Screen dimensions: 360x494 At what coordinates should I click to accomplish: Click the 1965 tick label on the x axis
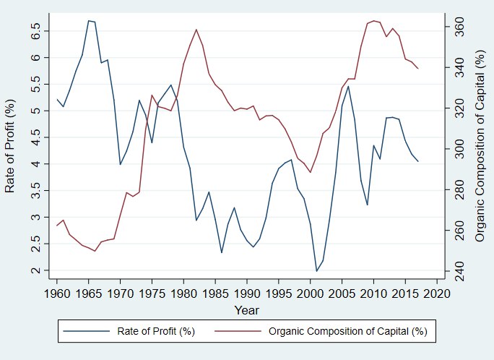coord(89,293)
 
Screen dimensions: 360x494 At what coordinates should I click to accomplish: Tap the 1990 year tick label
coord(247,293)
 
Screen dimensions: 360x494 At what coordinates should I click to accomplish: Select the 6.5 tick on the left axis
coord(37,30)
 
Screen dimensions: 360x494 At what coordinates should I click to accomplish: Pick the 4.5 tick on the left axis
coord(37,137)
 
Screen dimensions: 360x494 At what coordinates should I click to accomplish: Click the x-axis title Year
coord(246,309)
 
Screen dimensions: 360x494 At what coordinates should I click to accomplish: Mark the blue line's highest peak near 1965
coord(89,20)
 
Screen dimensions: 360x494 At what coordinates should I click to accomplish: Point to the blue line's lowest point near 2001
coord(316,271)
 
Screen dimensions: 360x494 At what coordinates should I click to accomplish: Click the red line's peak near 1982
coord(196,30)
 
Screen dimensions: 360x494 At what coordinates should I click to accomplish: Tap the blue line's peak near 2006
coord(348,86)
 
